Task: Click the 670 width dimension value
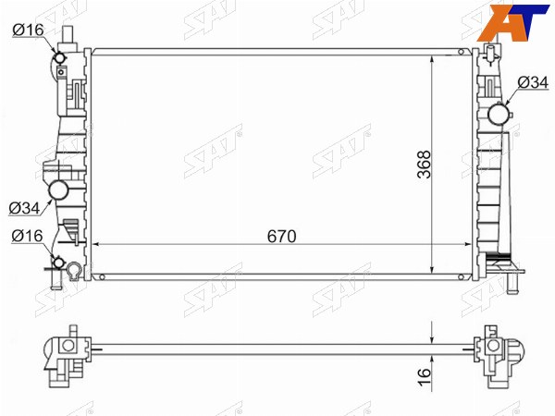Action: click(x=282, y=237)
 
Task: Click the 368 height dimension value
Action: click(x=424, y=165)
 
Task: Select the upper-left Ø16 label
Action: click(x=28, y=30)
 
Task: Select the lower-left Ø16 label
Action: click(x=27, y=236)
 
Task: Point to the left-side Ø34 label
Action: click(x=24, y=208)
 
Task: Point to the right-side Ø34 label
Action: click(x=533, y=82)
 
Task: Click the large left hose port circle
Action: click(x=58, y=190)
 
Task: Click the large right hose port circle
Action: click(x=499, y=115)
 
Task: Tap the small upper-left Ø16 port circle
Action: click(x=59, y=57)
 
